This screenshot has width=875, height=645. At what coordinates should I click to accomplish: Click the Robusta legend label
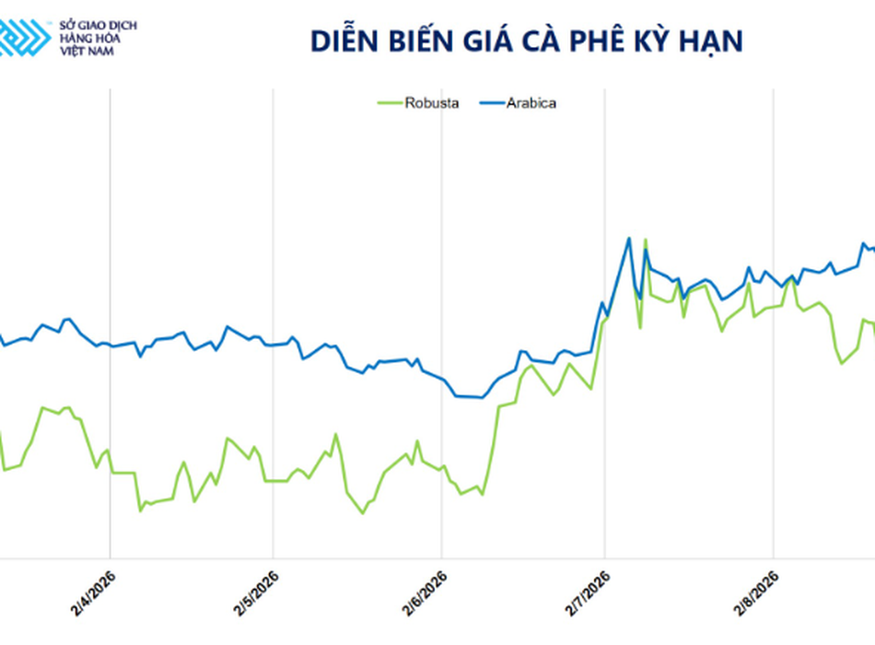(432, 103)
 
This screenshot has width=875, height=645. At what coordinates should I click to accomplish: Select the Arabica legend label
(531, 103)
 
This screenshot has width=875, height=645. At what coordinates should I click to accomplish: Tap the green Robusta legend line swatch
(391, 103)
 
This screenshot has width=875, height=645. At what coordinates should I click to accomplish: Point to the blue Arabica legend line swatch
(492, 103)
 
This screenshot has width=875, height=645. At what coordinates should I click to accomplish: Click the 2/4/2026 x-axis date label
(93, 593)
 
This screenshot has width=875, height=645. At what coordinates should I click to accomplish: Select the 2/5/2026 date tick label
(256, 593)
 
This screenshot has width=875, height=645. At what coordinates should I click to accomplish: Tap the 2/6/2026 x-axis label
(425, 593)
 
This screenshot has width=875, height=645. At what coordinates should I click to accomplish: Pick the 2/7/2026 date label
(588, 593)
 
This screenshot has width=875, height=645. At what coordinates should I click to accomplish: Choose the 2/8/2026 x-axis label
(756, 593)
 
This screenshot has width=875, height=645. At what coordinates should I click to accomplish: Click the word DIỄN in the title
(344, 41)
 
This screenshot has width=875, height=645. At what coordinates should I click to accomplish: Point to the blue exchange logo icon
(25, 38)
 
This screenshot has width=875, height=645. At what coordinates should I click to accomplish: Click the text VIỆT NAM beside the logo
(87, 52)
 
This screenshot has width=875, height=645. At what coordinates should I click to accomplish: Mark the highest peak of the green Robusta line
(645, 240)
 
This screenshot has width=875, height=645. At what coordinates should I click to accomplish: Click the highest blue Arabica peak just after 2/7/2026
(629, 239)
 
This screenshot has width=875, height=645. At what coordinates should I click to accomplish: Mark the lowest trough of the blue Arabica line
(482, 398)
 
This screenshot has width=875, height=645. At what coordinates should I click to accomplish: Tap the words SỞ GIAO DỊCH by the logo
(99, 25)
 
